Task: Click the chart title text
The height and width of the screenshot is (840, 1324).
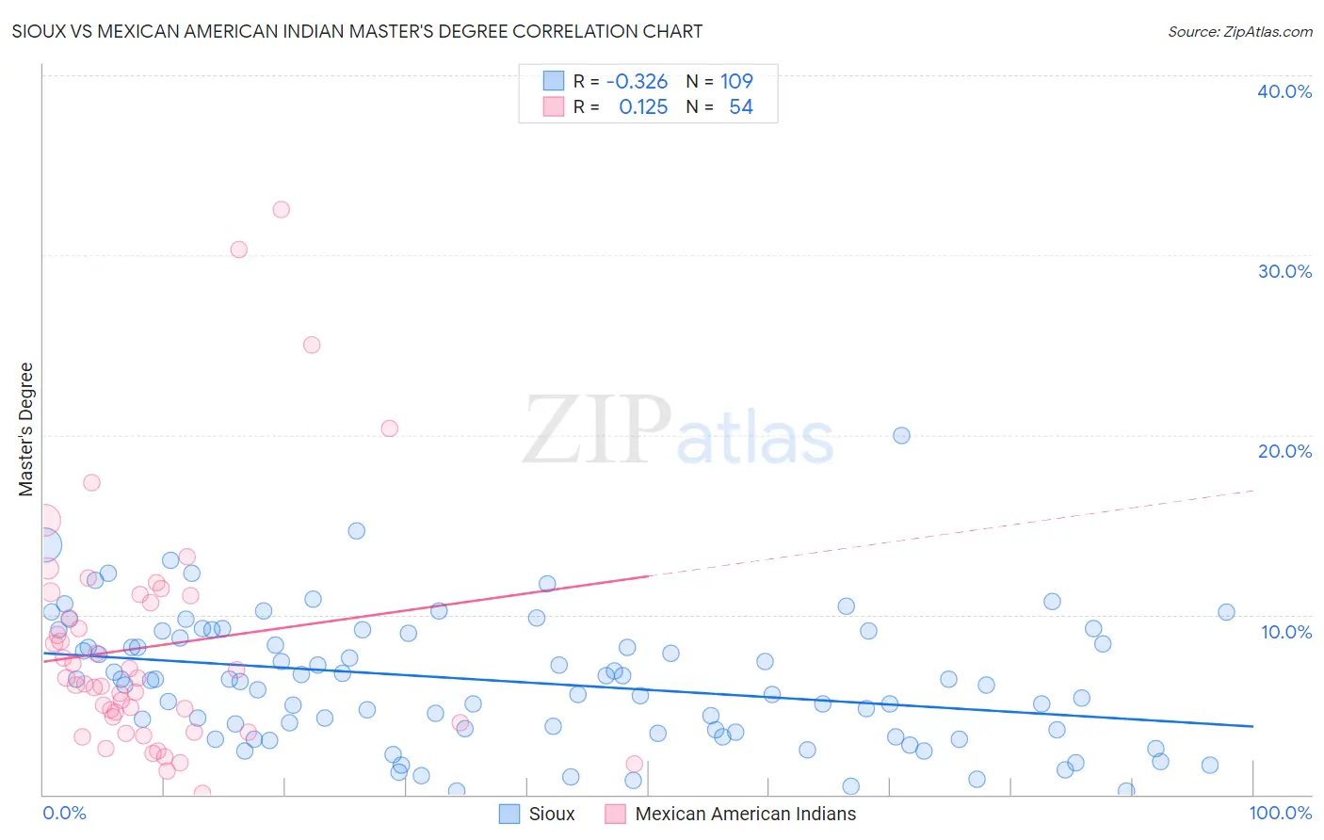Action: point(357,31)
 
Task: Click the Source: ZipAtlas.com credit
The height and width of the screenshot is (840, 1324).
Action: point(1239,31)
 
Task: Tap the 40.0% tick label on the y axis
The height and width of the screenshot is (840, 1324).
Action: point(1284,91)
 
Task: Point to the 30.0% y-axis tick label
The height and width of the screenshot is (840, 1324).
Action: point(1284,271)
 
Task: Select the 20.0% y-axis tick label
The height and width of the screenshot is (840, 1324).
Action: point(1284,451)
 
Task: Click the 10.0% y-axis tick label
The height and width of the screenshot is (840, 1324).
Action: point(1284,632)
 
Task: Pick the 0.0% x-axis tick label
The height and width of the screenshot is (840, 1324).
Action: point(64,813)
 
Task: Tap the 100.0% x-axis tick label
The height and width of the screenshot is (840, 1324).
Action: point(1280,813)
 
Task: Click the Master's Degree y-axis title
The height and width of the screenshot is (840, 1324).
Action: point(26,429)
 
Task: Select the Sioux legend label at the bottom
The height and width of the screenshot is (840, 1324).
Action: point(551,814)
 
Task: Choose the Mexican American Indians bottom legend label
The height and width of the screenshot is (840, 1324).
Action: point(745,814)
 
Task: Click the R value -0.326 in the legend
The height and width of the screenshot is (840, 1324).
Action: point(637,82)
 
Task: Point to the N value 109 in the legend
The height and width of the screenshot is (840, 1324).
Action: point(736,82)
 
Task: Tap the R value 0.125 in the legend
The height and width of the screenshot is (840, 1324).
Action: point(643,107)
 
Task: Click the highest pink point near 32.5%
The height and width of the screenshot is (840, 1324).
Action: point(281,209)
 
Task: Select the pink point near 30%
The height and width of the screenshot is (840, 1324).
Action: point(238,250)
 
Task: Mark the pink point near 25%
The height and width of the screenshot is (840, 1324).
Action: point(312,345)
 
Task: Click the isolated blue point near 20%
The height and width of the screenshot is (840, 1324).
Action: point(901,435)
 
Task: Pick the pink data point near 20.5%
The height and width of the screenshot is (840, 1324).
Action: point(389,428)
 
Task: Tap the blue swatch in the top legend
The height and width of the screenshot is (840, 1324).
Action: point(553,81)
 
